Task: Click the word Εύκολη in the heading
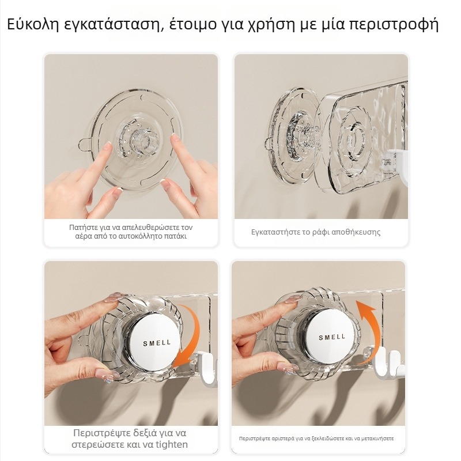[33, 24]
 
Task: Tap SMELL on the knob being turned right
[157, 343]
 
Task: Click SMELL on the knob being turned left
[332, 337]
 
